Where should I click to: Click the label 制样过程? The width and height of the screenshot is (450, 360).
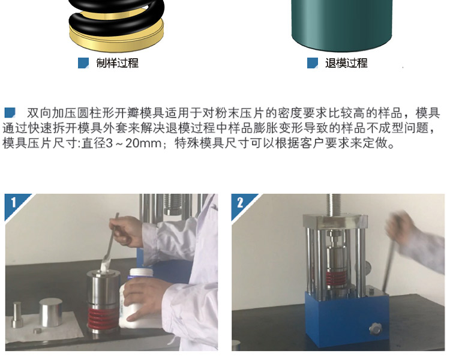click(117, 63)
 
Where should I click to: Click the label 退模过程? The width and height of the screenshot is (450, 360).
click(346, 63)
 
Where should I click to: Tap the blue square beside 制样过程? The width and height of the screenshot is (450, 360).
click(83, 63)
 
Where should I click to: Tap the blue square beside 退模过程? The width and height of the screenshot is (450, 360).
click(312, 63)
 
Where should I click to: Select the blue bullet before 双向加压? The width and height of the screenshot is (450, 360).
click(10, 112)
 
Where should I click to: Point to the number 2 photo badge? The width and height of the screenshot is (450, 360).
click(241, 203)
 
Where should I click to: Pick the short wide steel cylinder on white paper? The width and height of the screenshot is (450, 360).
click(50, 313)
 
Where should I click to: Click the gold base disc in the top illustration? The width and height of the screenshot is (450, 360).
click(117, 35)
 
